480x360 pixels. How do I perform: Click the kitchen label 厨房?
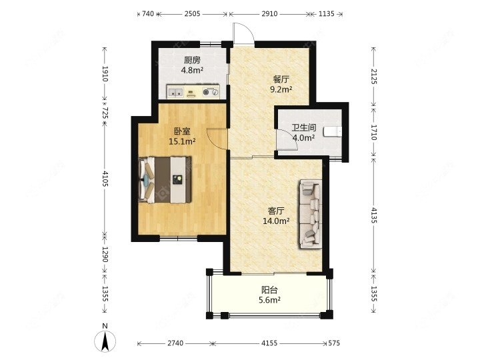pyautogui.click(x=192, y=60)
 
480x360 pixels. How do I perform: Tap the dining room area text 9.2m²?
pyautogui.click(x=281, y=89)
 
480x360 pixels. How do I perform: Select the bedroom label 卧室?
pyautogui.click(x=182, y=131)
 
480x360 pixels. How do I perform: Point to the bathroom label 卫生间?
pyautogui.click(x=303, y=127)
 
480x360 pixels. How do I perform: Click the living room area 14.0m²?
pyautogui.click(x=276, y=221)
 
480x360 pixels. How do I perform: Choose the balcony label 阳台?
pyautogui.click(x=269, y=290)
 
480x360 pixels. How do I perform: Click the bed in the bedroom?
pyautogui.click(x=165, y=180)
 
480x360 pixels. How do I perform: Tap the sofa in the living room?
pyautogui.click(x=311, y=214)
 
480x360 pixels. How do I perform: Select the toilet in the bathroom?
pyautogui.click(x=333, y=131)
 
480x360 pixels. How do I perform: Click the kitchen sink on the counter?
pyautogui.click(x=175, y=91)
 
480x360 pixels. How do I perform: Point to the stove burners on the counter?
pyautogui.click(x=211, y=91)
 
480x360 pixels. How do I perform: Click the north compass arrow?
pyautogui.click(x=105, y=341)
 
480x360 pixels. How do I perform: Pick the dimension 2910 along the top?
pyautogui.click(x=270, y=14)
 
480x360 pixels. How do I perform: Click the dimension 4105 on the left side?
pyautogui.click(x=105, y=179)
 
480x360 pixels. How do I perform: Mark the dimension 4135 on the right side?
pyautogui.click(x=374, y=215)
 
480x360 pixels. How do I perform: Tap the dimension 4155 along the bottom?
pyautogui.click(x=269, y=343)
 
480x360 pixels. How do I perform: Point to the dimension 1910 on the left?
pyautogui.click(x=105, y=73)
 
